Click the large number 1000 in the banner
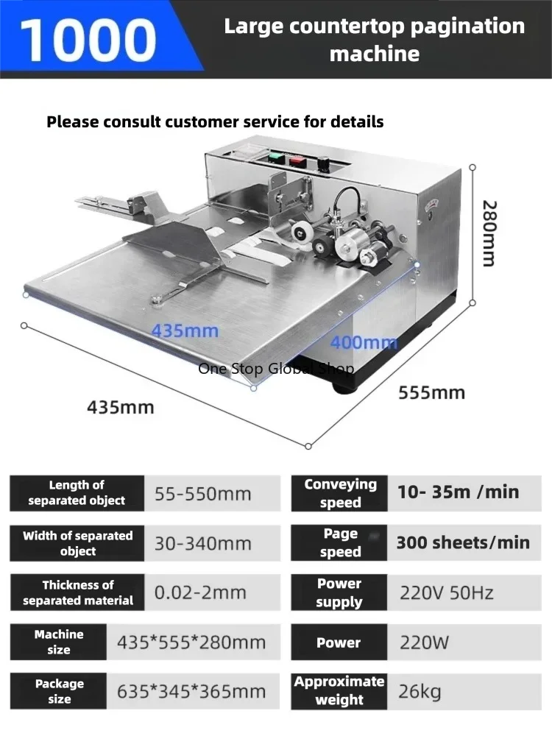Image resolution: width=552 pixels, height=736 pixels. click(88, 40)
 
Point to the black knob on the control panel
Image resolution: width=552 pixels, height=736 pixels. click(323, 163)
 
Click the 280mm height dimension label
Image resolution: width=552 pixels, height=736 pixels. click(489, 233)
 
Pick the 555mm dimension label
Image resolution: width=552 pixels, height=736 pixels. click(432, 392)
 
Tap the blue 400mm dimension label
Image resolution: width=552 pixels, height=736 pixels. click(364, 343)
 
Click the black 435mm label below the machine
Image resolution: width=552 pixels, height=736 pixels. click(121, 407)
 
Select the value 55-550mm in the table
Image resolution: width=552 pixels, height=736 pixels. click(203, 494)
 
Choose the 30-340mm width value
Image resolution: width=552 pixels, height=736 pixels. click(203, 544)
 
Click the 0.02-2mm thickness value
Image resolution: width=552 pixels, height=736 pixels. click(200, 592)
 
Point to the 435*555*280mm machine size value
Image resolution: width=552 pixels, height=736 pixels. click(191, 642)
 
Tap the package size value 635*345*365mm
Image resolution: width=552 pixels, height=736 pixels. click(191, 691)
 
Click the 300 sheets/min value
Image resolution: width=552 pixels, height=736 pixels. click(463, 542)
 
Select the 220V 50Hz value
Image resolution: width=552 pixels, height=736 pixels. click(447, 592)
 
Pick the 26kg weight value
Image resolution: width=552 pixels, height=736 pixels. click(420, 691)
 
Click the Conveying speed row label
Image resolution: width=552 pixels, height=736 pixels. click(340, 493)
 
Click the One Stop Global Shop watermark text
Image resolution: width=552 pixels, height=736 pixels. click(276, 369)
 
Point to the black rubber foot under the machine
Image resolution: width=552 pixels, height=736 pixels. click(345, 388)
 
